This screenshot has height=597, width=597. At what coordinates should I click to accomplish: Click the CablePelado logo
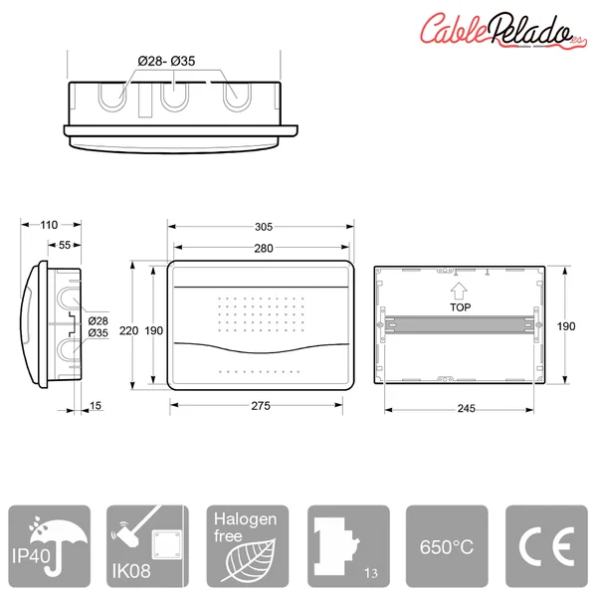tap(501, 30)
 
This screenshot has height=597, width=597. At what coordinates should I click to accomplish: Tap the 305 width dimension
tap(264, 227)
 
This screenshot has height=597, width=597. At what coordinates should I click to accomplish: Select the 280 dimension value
tap(264, 248)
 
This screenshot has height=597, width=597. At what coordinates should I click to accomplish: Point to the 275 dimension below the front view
tap(261, 406)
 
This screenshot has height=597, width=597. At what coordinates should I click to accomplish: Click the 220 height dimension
tap(128, 330)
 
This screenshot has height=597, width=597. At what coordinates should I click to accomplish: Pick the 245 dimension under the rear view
tap(466, 409)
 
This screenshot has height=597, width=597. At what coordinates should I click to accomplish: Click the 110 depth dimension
tap(49, 225)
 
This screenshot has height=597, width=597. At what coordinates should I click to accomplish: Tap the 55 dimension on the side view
tap(65, 245)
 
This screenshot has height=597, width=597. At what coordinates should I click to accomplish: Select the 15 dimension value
tap(96, 406)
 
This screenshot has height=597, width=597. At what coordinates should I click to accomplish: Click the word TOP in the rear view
tap(461, 307)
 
